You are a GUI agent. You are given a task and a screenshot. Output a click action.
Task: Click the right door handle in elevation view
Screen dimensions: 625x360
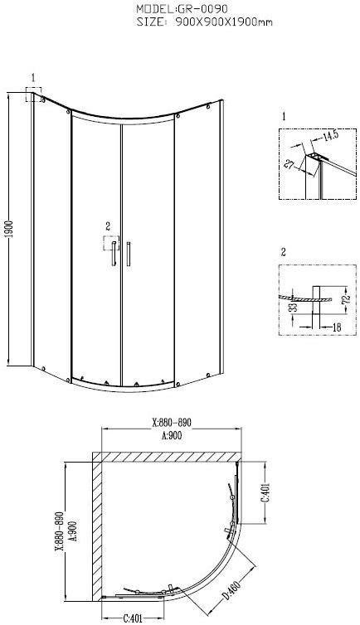point(129,254)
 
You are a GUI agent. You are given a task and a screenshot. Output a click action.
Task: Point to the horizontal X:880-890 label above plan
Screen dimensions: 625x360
point(172,422)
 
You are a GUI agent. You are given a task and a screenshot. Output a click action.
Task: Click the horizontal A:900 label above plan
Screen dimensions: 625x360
point(171,434)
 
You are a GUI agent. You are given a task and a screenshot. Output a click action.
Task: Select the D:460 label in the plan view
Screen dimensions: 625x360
point(229,594)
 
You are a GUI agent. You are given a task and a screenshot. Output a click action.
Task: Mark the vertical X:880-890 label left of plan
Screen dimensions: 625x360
point(60,531)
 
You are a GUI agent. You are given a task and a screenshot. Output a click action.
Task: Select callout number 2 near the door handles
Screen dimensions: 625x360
point(107,225)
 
